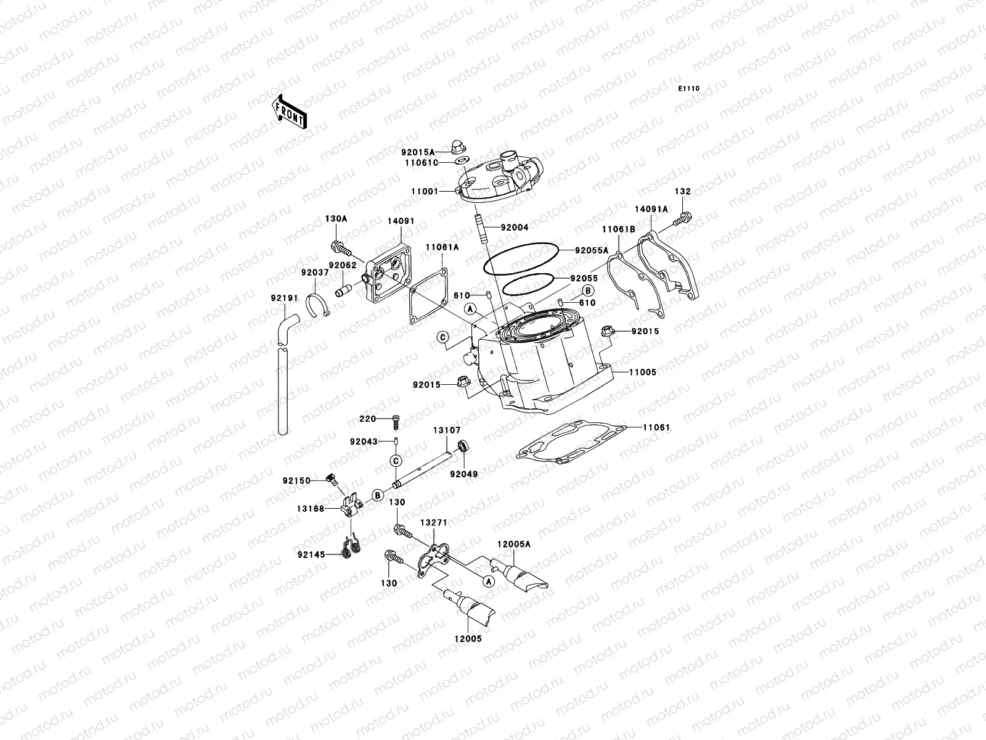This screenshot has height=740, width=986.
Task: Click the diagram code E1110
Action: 689,89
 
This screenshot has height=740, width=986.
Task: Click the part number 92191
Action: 284,298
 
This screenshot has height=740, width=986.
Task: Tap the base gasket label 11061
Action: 656,427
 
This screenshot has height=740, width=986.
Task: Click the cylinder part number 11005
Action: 642,372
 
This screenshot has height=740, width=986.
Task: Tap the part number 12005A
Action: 514,545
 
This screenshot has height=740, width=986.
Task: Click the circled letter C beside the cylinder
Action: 442,337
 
